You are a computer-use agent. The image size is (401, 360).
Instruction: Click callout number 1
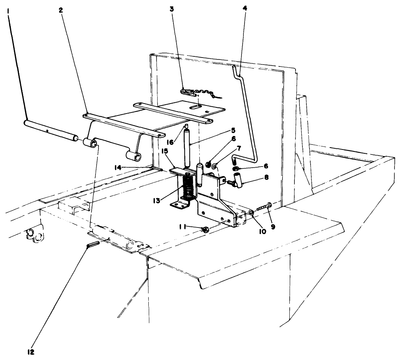coord(8,12)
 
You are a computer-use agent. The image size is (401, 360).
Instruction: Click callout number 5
coord(233,131)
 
